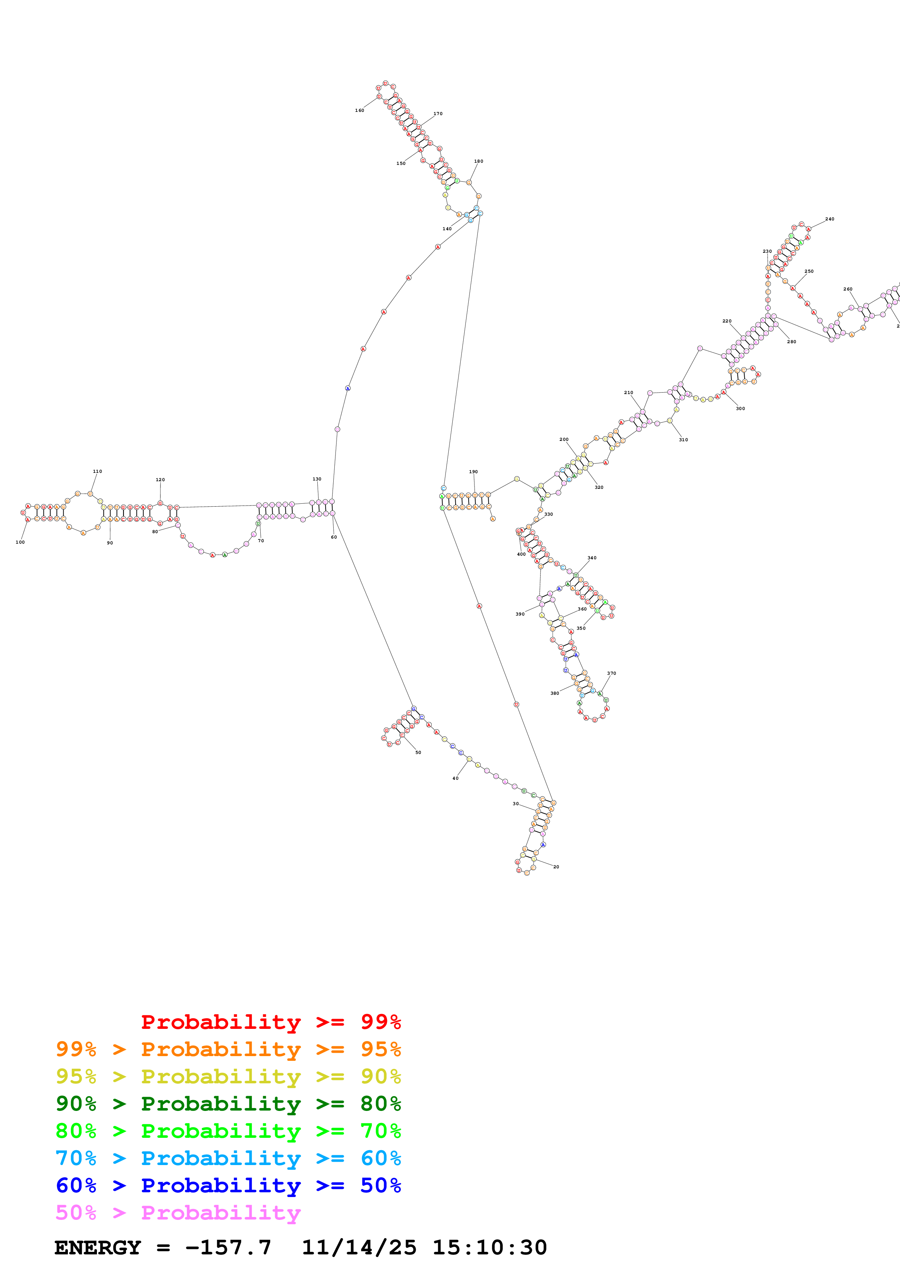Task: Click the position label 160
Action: pyautogui.click(x=359, y=110)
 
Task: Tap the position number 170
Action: pyautogui.click(x=438, y=114)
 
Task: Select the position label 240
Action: pyautogui.click(x=830, y=219)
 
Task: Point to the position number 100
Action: pyautogui.click(x=20, y=542)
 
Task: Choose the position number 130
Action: pyautogui.click(x=317, y=479)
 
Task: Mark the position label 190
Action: pyautogui.click(x=473, y=472)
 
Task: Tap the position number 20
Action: pyautogui.click(x=556, y=867)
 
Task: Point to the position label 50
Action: pyautogui.click(x=418, y=752)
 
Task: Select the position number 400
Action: pyautogui.click(x=521, y=554)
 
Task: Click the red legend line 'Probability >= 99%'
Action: pyautogui.click(x=270, y=1022)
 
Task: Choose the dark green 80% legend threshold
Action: pyautogui.click(x=380, y=1104)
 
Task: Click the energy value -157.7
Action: pyautogui.click(x=228, y=1247)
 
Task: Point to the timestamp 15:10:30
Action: pyautogui.click(x=490, y=1247)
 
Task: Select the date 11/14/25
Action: pyautogui.click(x=359, y=1247)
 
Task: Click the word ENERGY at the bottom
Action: pyautogui.click(x=98, y=1247)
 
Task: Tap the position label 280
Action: pyautogui.click(x=791, y=342)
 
